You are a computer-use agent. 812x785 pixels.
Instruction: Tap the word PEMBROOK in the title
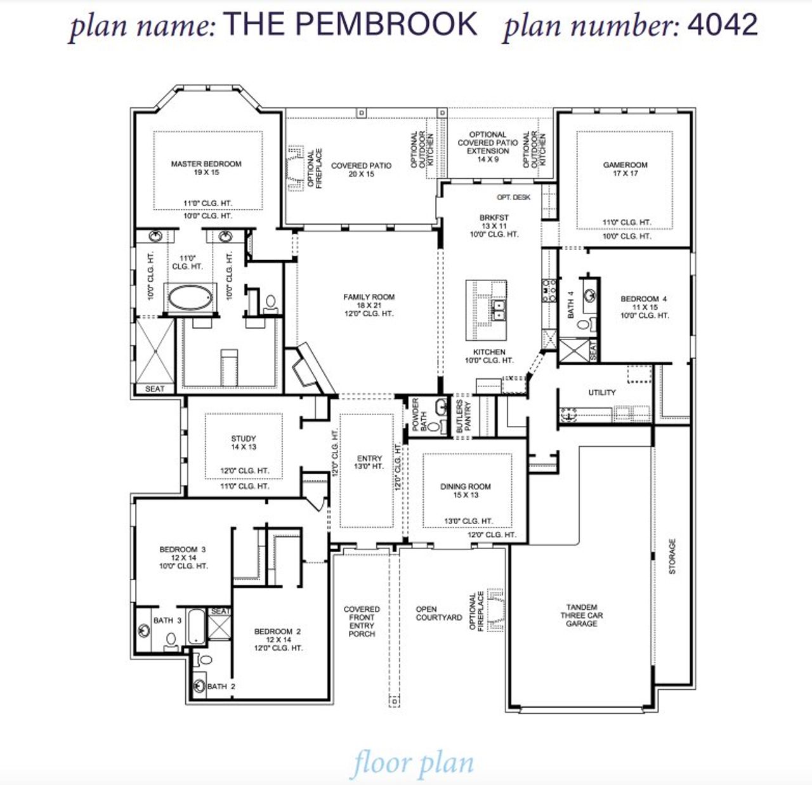coord(386,25)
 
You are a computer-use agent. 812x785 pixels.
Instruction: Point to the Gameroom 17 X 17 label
coord(625,169)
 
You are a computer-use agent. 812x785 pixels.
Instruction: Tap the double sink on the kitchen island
coord(499,310)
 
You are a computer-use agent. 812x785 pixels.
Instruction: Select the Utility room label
coord(601,392)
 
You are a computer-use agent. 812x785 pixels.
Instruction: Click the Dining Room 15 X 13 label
coord(466,491)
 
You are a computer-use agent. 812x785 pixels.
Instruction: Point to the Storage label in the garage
coord(672,557)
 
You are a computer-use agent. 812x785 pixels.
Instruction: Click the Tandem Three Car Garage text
coord(581,615)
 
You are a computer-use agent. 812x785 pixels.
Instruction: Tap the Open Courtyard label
coord(438,613)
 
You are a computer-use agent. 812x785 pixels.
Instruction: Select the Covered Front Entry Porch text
coord(362,621)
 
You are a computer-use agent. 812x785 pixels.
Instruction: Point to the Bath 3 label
coord(167,620)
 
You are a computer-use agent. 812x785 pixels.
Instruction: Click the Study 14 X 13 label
coord(244,442)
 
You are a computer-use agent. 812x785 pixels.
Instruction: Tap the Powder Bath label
coord(419,414)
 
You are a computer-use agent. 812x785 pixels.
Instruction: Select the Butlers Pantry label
coord(464,416)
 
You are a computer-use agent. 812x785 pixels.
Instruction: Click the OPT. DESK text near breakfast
coord(513,197)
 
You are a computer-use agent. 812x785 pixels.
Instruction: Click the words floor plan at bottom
coord(413,763)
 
